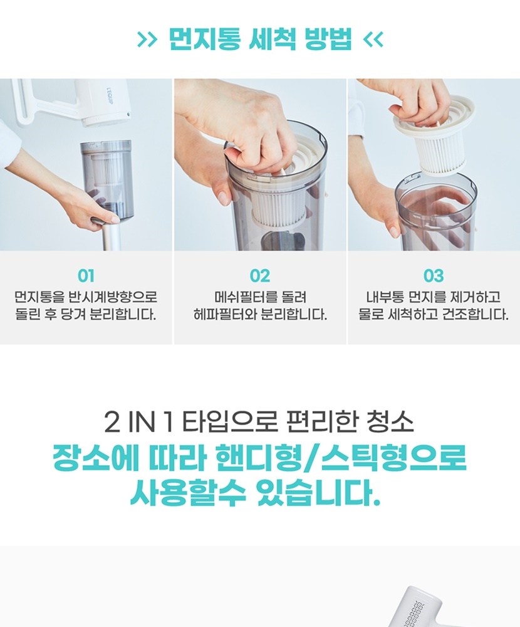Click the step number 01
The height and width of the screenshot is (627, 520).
point(86,276)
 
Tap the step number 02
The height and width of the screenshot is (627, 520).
point(260,276)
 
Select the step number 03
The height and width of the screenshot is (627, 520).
point(434,276)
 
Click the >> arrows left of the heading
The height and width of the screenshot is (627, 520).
point(147,40)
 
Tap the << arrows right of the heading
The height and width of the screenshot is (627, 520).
point(373,40)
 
